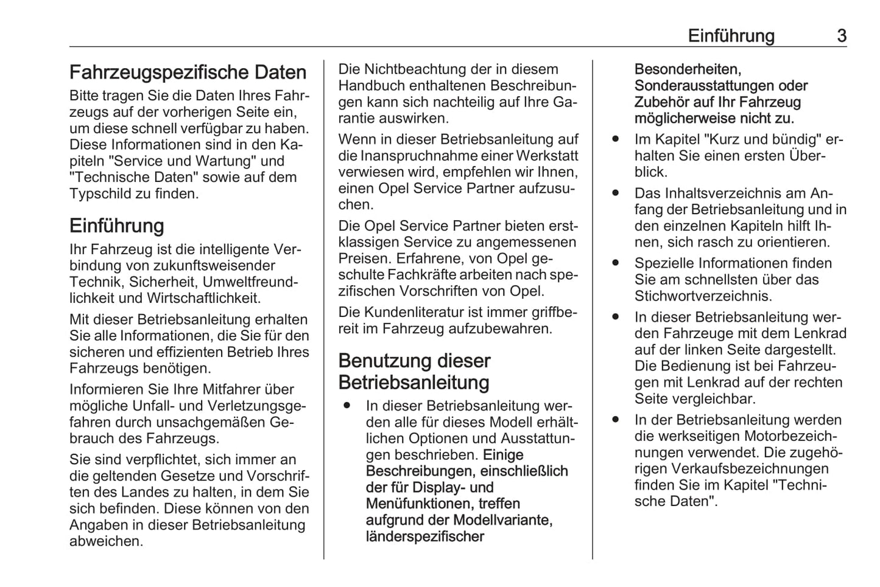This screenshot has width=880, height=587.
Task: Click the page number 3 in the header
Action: point(841,36)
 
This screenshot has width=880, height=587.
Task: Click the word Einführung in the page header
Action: point(731,36)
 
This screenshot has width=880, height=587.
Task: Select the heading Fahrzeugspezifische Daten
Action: point(188,72)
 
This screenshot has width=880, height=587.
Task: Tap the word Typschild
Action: point(96,194)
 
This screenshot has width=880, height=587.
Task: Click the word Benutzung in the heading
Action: point(383,361)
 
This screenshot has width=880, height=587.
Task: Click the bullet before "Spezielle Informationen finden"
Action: point(616,263)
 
